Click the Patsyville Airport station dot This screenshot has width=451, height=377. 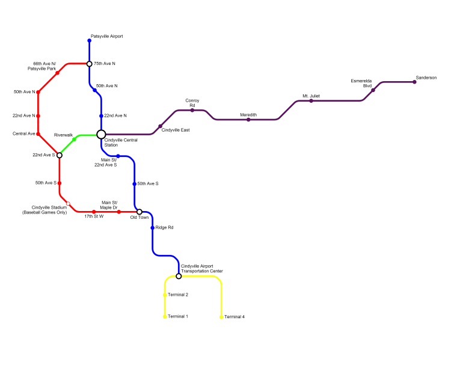(x=89, y=41)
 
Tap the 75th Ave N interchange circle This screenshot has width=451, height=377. (x=89, y=64)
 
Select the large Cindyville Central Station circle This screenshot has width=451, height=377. (x=101, y=135)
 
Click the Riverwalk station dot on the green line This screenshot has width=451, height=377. (x=74, y=139)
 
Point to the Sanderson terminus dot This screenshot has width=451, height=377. (x=414, y=82)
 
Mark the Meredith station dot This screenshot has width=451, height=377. (x=248, y=120)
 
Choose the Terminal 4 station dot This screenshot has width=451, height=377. (x=221, y=317)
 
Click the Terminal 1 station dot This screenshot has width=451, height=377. (x=165, y=316)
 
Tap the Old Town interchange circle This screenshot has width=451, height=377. (x=140, y=212)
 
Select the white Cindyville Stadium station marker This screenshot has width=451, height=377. (x=68, y=203)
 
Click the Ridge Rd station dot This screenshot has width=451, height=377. (x=153, y=228)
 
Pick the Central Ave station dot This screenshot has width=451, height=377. (x=38, y=134)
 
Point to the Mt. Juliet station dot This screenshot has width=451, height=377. (x=311, y=101)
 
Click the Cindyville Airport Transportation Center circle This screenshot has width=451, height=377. (x=179, y=276)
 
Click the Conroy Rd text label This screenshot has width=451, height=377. (x=192, y=103)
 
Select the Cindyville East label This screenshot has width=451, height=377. (x=176, y=130)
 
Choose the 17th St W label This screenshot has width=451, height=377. (x=94, y=216)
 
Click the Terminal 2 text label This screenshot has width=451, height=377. (x=178, y=295)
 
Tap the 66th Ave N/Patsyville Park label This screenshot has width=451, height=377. (x=41, y=66)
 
